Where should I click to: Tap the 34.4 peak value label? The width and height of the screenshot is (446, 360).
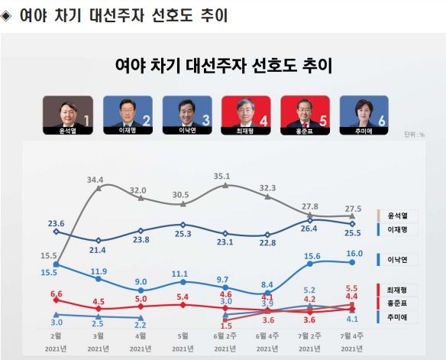coord(96,180)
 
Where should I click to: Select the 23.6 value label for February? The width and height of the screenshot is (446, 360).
coord(56,224)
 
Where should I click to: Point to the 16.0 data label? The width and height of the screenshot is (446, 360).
coord(353,253)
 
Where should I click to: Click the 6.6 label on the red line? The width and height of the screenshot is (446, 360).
coord(56,294)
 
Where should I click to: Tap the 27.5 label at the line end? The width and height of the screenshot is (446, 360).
coord(353,209)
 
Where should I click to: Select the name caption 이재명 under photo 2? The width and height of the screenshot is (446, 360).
coord(128,130)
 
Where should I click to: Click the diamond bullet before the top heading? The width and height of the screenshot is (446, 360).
coord(8,15)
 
